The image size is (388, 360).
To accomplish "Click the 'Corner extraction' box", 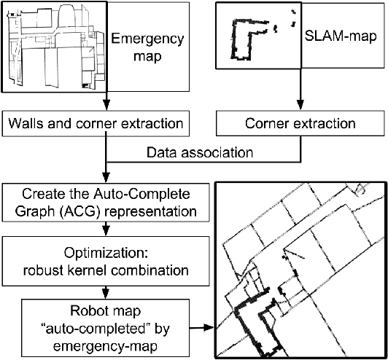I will (x=301, y=125).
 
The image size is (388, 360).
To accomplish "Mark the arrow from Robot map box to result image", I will (x=204, y=329).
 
